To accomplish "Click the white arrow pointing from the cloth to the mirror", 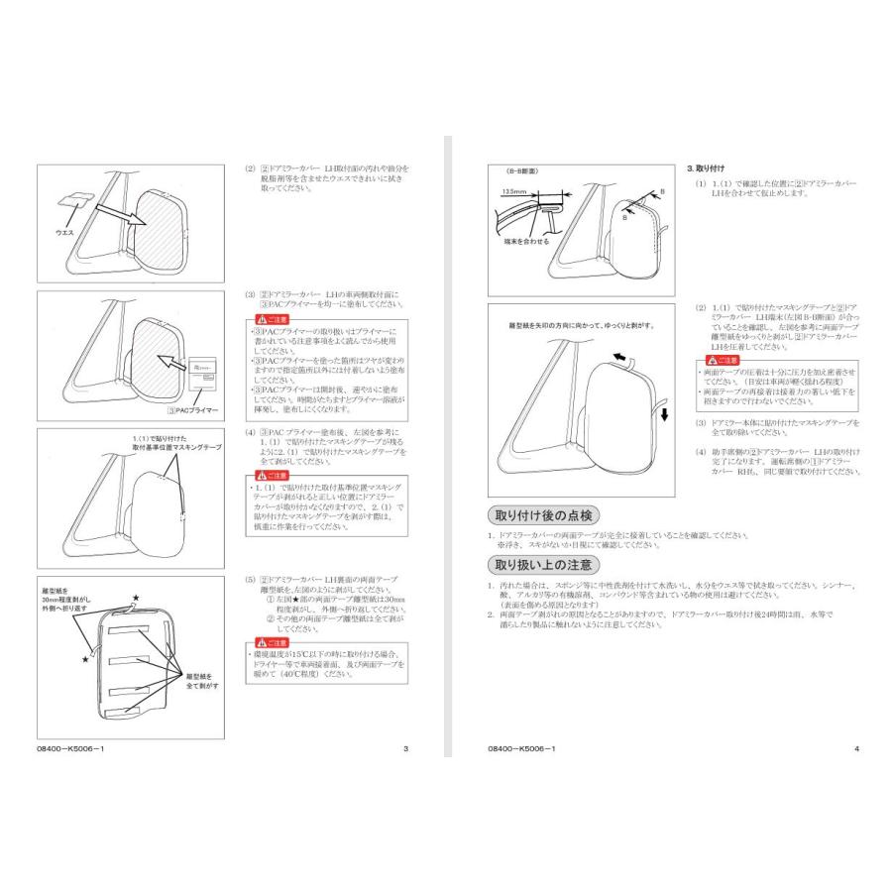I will pos(111,209).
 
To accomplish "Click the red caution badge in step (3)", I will pos(271,319).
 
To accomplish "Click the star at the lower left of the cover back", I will pos(86,657).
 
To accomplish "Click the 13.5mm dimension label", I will pos(513,190).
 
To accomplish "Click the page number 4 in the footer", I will pos(856,748).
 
